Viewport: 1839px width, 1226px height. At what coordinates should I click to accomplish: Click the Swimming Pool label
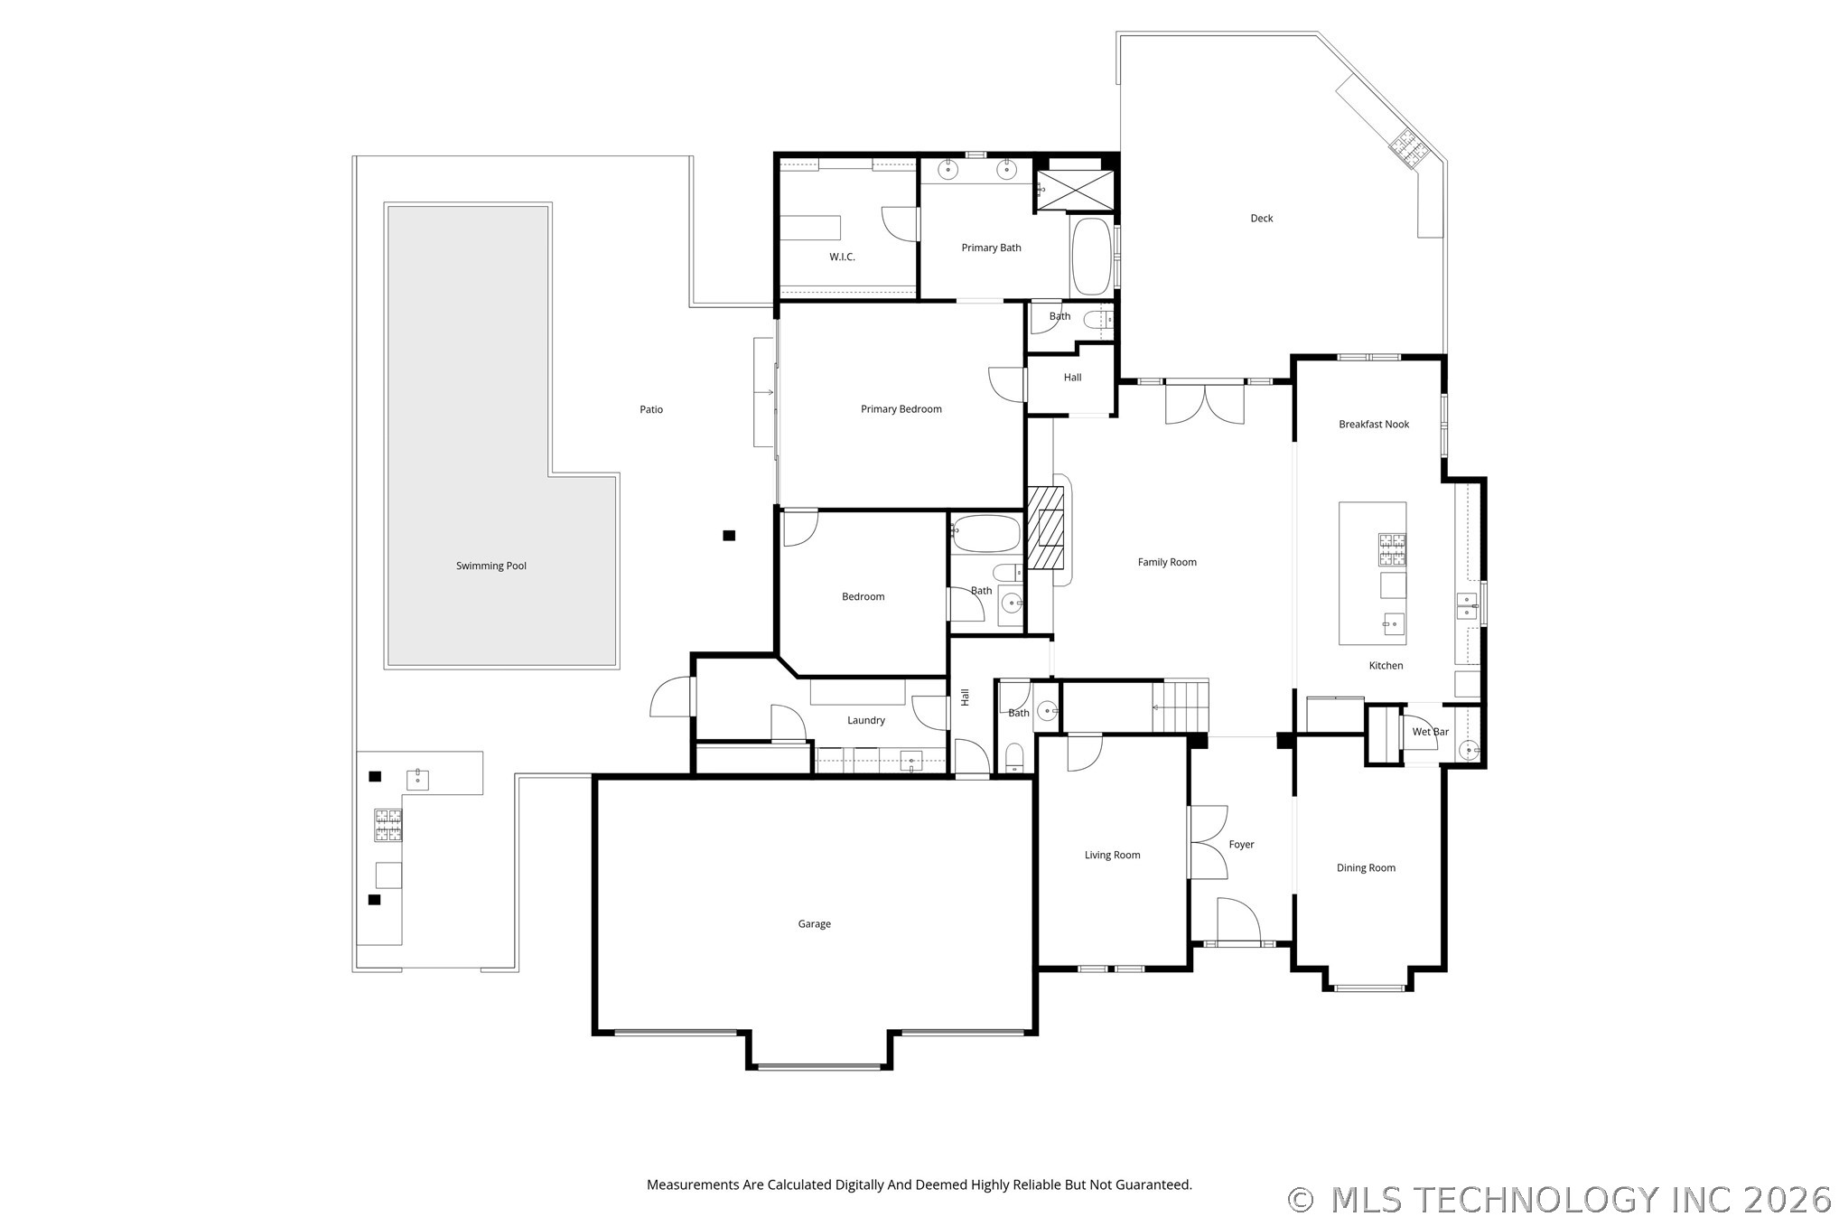(490, 566)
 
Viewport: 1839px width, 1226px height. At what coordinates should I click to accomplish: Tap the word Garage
(814, 924)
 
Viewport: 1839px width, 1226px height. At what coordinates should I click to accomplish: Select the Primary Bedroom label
(901, 409)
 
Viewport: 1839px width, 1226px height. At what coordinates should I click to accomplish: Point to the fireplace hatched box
(1046, 529)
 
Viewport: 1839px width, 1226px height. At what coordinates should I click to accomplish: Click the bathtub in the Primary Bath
(1091, 256)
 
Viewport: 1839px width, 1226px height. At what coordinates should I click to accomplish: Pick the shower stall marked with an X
(1074, 190)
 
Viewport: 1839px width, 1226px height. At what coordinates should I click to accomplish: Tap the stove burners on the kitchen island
(1392, 548)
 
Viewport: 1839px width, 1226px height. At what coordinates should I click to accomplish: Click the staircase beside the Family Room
(1180, 707)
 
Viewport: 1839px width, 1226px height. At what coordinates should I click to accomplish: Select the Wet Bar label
(1430, 732)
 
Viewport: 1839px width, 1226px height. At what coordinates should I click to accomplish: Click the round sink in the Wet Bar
(1470, 749)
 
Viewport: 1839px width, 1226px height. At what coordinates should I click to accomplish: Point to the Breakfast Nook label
(1374, 425)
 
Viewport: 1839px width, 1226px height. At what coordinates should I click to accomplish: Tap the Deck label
(1261, 219)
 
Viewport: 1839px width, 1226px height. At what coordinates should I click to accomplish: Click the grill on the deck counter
(1405, 148)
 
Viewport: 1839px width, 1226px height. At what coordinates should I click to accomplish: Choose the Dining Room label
(1366, 868)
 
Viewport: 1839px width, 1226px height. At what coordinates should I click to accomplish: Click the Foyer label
(1241, 845)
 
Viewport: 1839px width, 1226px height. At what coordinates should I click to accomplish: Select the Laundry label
(865, 721)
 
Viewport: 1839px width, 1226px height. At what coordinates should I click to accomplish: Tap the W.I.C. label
(842, 257)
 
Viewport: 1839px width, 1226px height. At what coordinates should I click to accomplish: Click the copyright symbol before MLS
(1300, 1200)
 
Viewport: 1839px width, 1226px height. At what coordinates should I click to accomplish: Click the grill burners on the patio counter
(388, 825)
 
